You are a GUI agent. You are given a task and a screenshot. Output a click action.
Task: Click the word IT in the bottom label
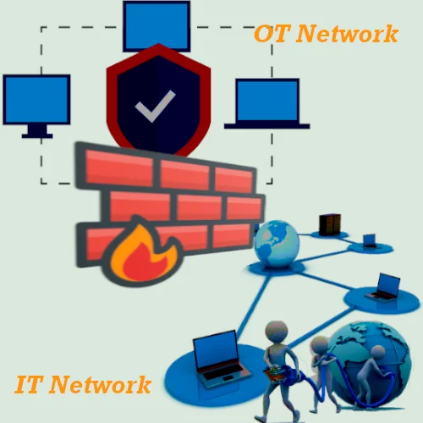click(x=30, y=385)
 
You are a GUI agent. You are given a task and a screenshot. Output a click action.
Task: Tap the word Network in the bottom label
click(x=101, y=385)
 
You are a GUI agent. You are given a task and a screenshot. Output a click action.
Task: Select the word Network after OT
click(x=348, y=35)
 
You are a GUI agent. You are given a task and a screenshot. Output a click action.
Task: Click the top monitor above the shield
click(x=157, y=25)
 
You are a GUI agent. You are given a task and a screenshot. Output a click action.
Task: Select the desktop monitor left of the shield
click(x=36, y=100)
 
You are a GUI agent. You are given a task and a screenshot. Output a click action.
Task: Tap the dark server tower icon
click(x=326, y=224)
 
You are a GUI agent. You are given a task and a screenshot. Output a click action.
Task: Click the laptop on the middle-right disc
click(x=385, y=288)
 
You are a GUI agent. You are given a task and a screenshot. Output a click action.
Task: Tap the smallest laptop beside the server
click(x=371, y=241)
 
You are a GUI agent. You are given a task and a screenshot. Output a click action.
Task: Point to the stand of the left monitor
click(x=36, y=131)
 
